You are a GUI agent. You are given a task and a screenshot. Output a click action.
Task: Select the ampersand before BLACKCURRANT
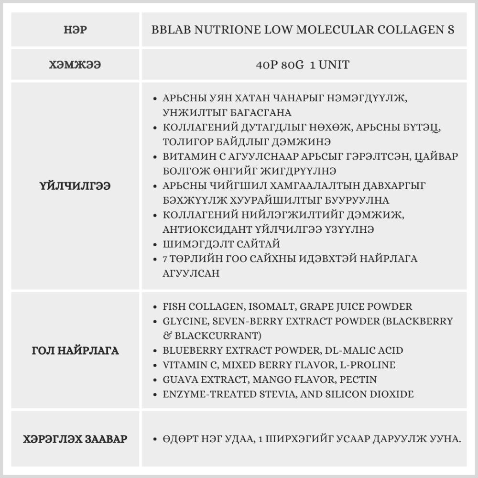coord(167,336)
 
